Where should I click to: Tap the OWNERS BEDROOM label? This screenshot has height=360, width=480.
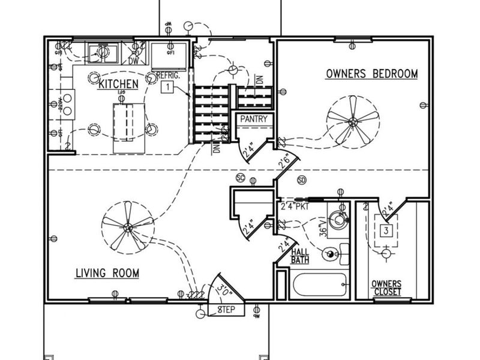(x=371, y=74)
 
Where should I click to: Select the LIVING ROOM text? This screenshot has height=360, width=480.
(x=107, y=274)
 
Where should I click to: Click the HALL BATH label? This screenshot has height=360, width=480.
(x=300, y=256)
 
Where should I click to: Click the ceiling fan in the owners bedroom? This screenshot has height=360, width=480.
(x=352, y=122)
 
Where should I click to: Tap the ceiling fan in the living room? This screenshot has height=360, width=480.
(x=128, y=227)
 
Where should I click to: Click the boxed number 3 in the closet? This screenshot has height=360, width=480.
(x=387, y=230)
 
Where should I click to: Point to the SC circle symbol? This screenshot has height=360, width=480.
(x=240, y=179)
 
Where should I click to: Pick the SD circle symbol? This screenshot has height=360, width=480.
(x=301, y=179)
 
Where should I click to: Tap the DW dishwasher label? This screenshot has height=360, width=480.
(x=134, y=61)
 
